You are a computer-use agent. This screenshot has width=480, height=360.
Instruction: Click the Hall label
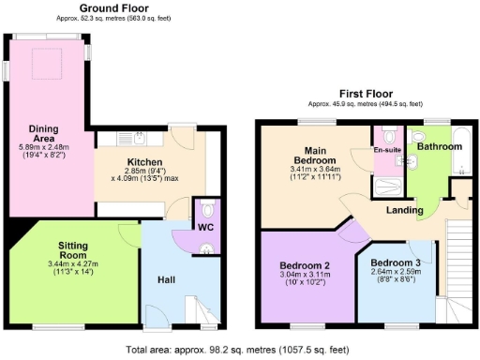(166, 278)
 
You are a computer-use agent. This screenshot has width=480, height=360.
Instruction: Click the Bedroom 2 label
(305, 266)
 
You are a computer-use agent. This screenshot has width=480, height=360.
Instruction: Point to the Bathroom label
(439, 147)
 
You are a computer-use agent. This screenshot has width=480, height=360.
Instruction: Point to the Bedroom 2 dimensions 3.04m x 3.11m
(305, 277)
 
